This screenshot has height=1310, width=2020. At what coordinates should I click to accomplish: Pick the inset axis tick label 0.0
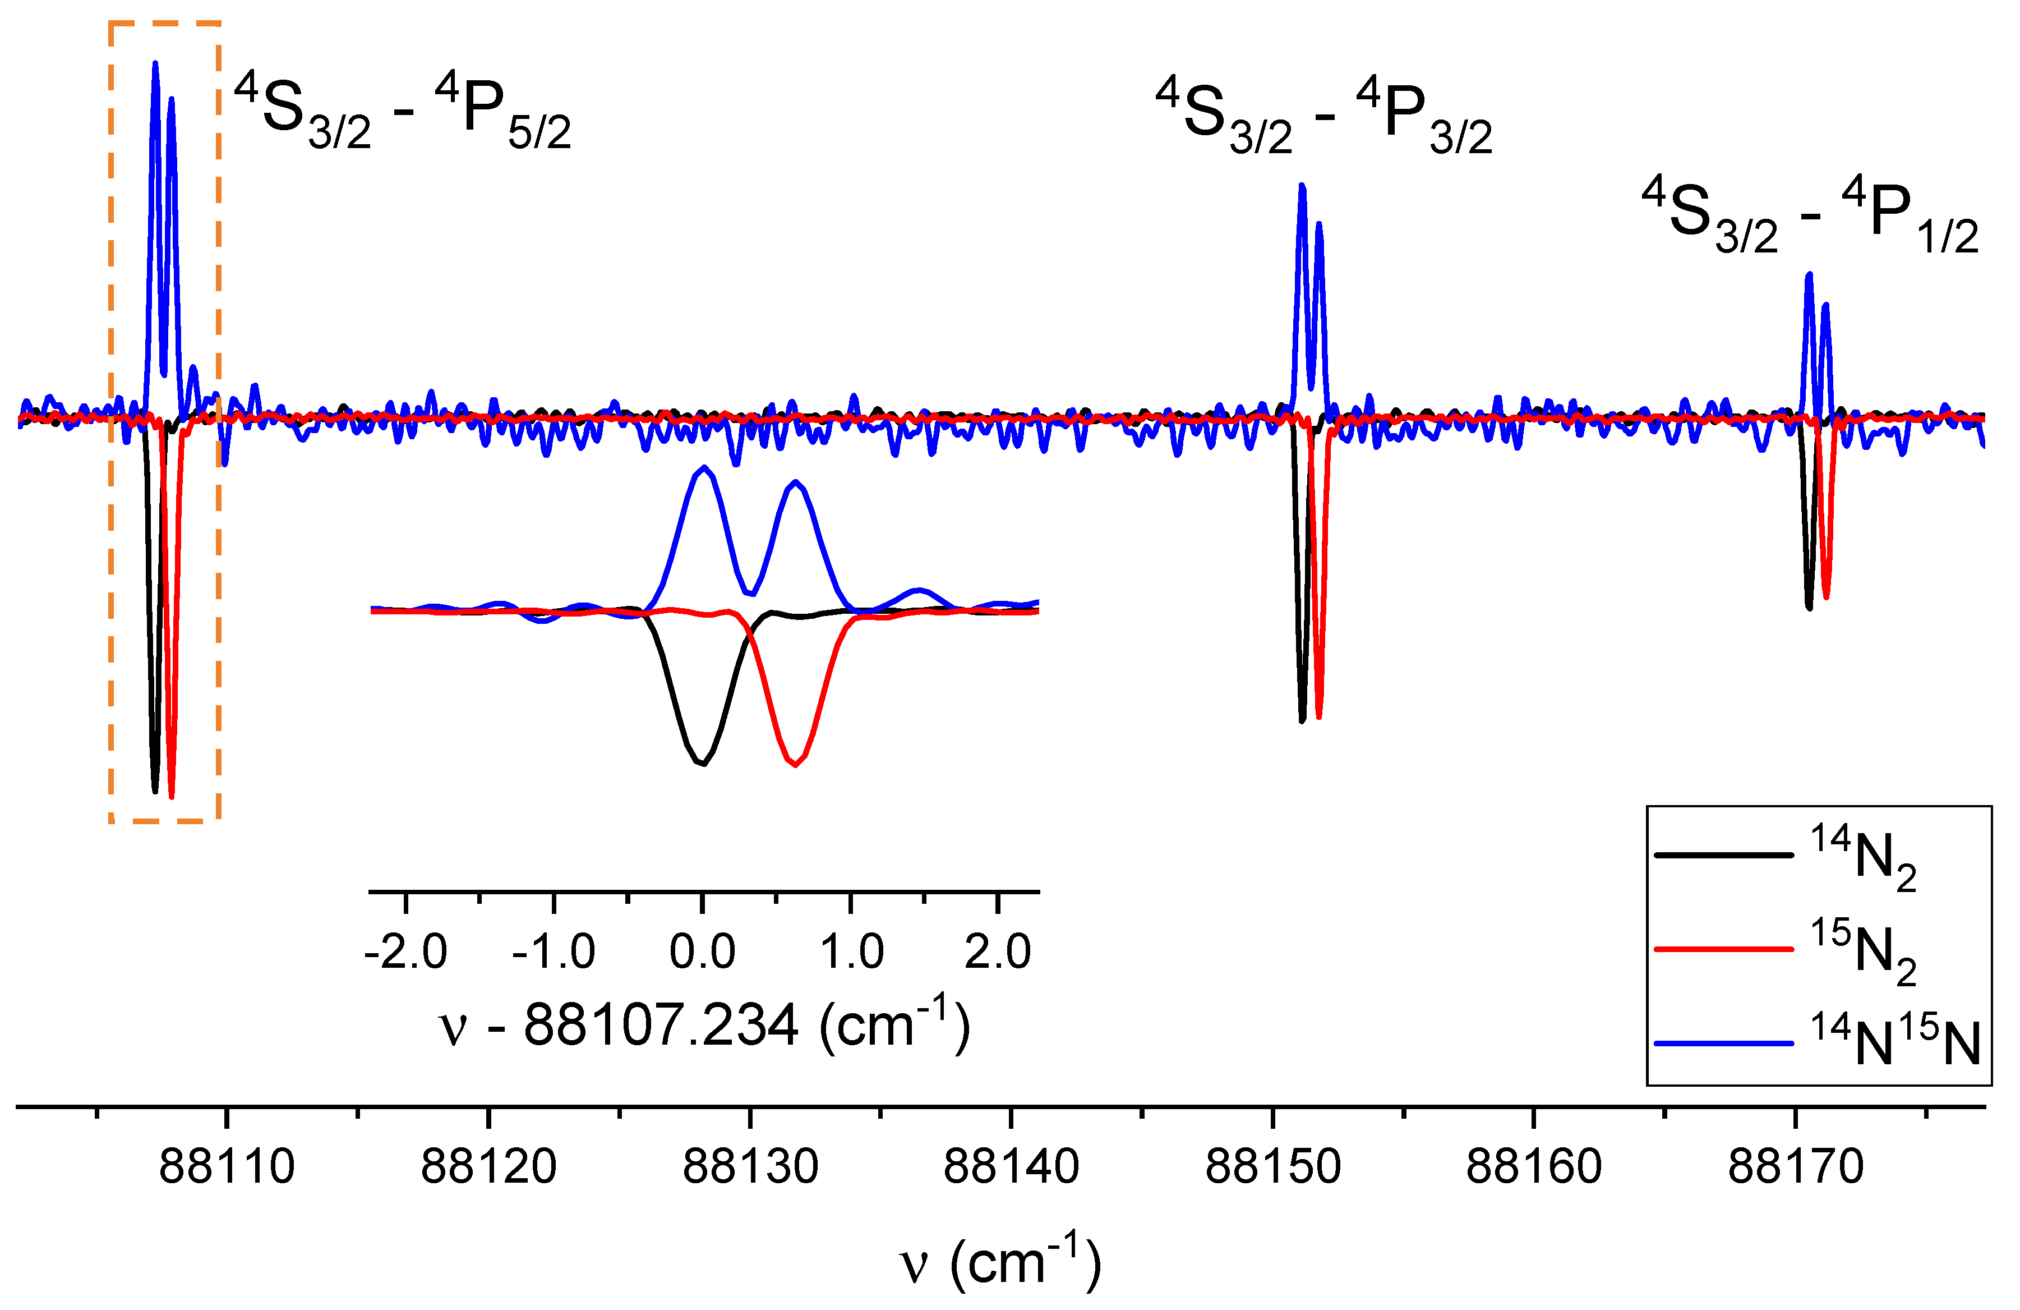coord(702,951)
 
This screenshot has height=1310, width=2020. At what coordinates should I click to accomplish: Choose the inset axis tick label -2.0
coord(405,951)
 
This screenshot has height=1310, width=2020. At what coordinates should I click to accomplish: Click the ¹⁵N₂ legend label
coord(1863,949)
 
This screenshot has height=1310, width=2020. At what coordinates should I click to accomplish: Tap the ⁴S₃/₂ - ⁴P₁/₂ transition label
coord(1810,217)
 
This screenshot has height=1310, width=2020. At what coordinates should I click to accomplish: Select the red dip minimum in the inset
coord(795,765)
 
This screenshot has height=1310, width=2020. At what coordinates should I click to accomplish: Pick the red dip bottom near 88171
coord(1825,597)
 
